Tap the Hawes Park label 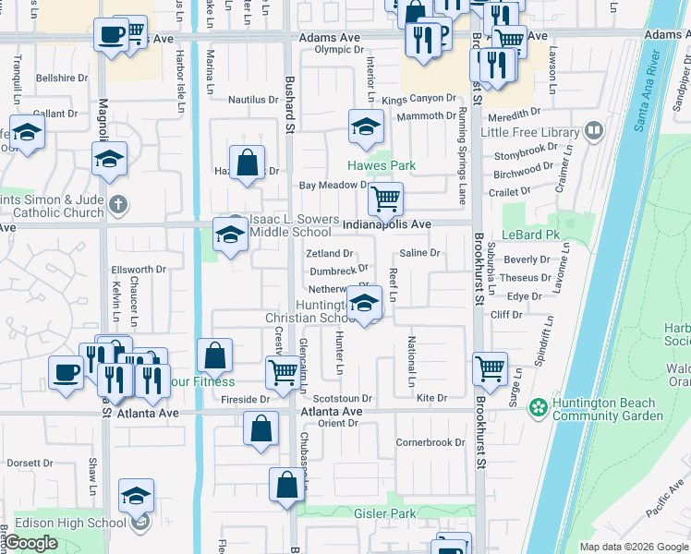[x=382, y=166]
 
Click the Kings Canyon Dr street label [x=418, y=98]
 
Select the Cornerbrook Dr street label [x=430, y=442]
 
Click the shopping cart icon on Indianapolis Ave [x=385, y=198]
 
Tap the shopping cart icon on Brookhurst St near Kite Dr [x=490, y=367]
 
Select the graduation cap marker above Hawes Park [x=366, y=126]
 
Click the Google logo [x=30, y=543]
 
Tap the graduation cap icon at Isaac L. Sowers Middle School [x=229, y=233]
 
